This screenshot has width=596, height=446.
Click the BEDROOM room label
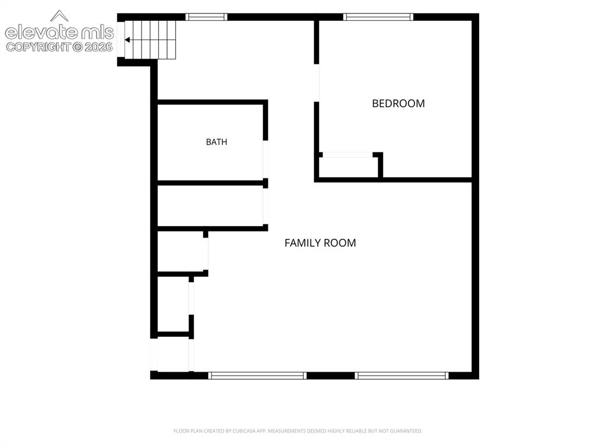coord(398,104)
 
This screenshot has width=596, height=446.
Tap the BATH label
coord(217,142)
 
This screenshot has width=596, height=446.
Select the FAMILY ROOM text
coord(320,242)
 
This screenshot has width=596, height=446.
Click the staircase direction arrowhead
coord(127,40)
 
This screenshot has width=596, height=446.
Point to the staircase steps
coord(151,40)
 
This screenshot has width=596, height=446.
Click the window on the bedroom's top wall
coord(378,17)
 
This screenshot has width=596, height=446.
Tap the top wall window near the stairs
coord(207,17)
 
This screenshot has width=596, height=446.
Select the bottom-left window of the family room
coord(257,376)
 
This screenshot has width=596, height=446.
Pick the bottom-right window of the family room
coord(402,376)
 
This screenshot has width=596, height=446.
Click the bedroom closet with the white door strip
coord(349,167)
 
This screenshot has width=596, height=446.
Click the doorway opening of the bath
coord(265,159)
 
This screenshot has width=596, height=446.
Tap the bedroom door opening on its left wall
coord(317,83)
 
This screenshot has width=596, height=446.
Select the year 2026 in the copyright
coord(98,47)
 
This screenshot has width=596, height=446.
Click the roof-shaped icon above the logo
coord(59,16)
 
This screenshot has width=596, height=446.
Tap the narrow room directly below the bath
coord(210,206)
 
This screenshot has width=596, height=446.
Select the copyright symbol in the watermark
coord(77,47)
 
